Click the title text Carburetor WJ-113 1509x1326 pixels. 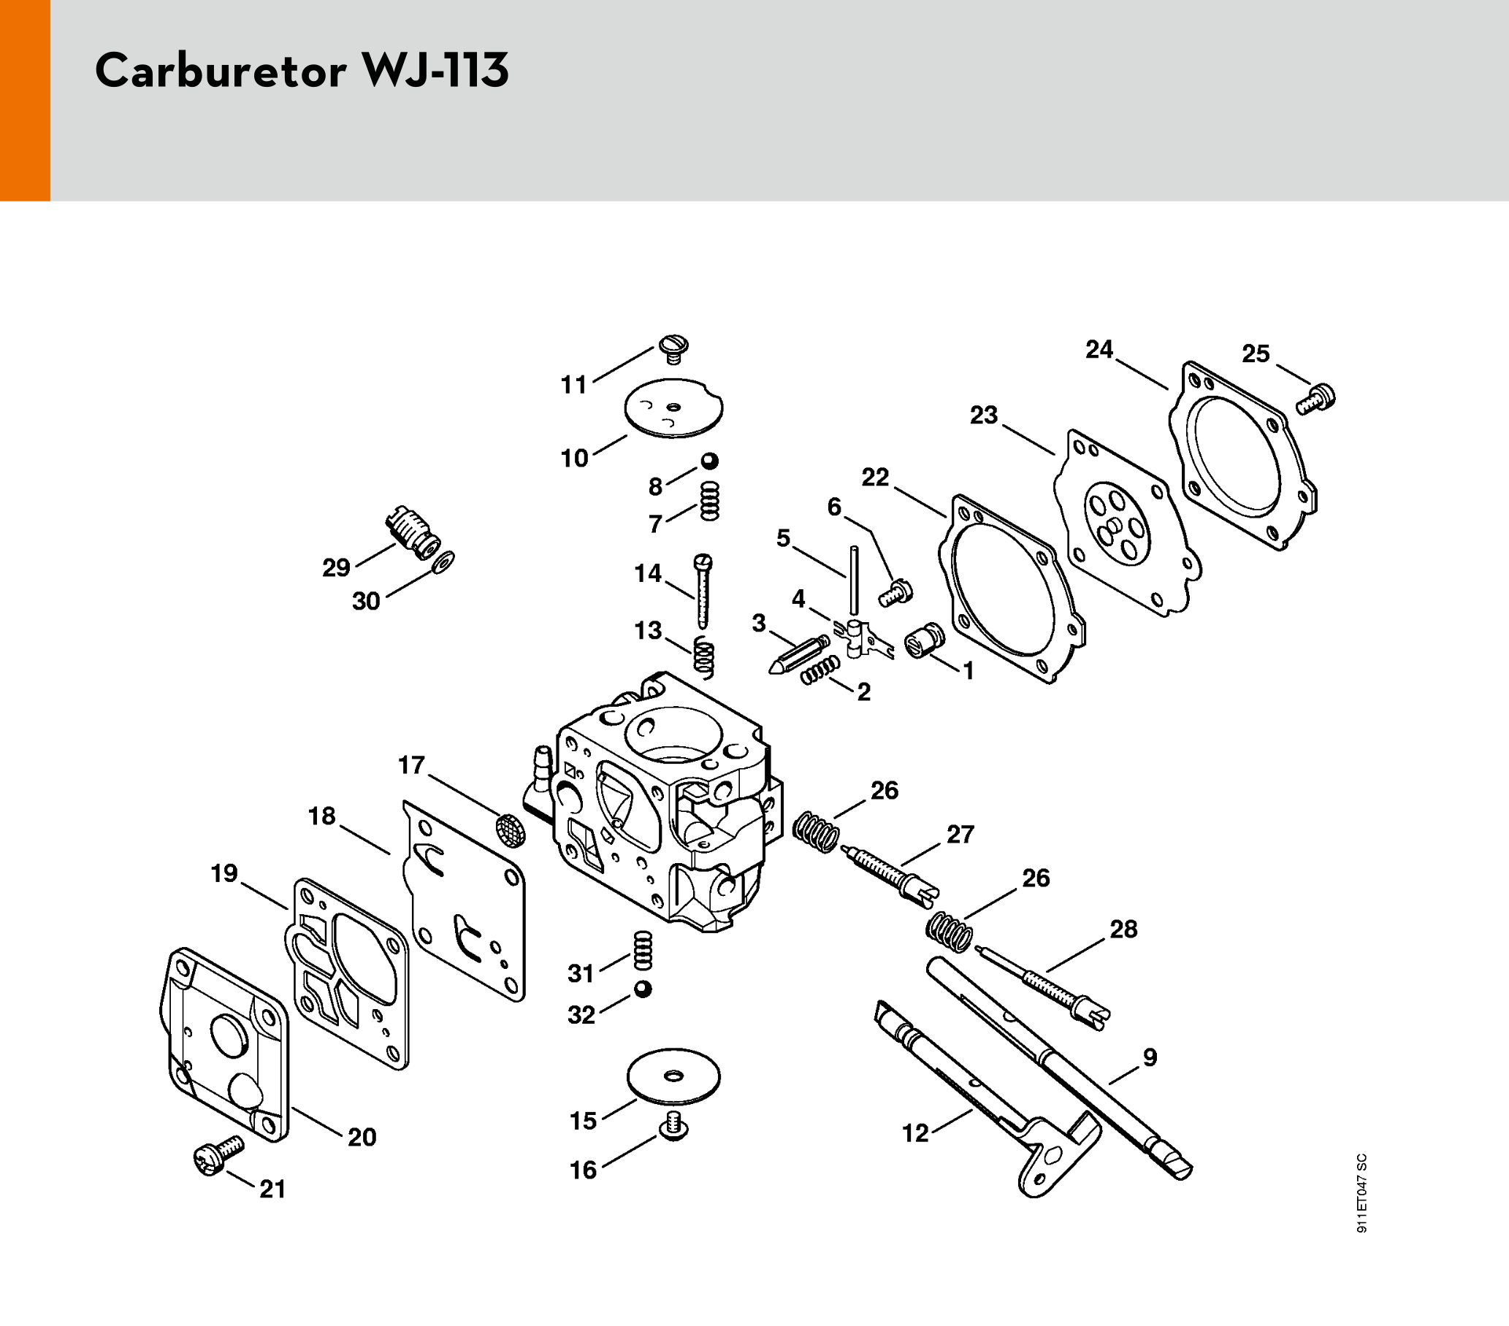point(302,72)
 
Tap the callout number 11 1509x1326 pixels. point(573,385)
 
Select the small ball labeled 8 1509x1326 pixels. point(709,461)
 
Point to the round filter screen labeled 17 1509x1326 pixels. point(511,829)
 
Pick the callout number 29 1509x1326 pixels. point(336,567)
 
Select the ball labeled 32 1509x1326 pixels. point(642,989)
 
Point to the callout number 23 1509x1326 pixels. point(983,415)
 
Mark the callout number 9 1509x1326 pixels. point(1150,1057)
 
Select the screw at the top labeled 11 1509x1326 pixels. point(673,348)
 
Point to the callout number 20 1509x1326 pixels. point(362,1137)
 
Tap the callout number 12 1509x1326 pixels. point(915,1133)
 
